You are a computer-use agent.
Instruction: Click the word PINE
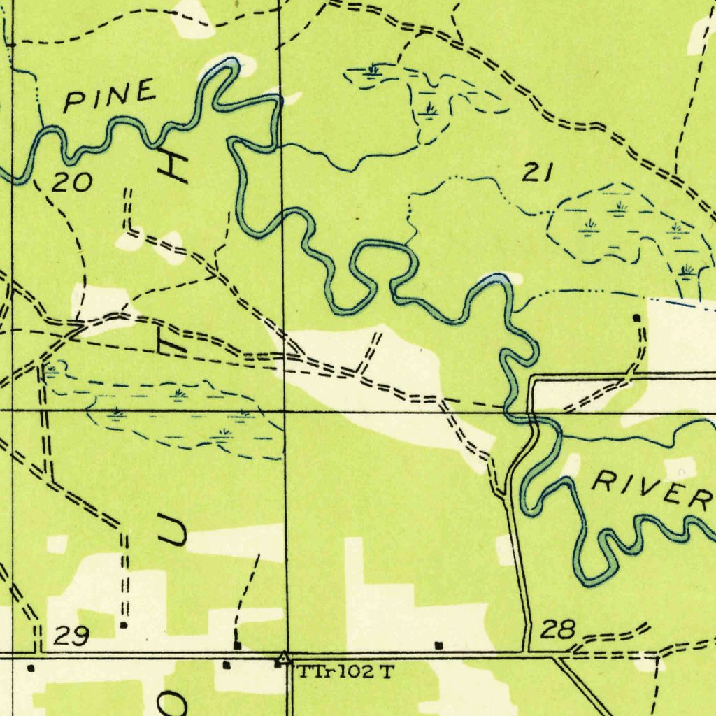tap(110, 96)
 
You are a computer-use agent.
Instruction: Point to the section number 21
tap(538, 172)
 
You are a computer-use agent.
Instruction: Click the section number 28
tap(559, 631)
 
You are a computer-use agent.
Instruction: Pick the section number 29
tap(71, 636)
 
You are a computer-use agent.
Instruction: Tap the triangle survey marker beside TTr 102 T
tap(283, 658)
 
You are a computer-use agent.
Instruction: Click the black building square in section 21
tap(636, 318)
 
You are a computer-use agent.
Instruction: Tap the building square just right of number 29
tap(124, 624)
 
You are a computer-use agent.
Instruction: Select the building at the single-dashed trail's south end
tap(238, 645)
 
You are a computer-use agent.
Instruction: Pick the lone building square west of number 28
tap(439, 645)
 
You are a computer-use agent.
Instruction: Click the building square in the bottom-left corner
tap(30, 668)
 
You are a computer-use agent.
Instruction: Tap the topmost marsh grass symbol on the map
tap(373, 69)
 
